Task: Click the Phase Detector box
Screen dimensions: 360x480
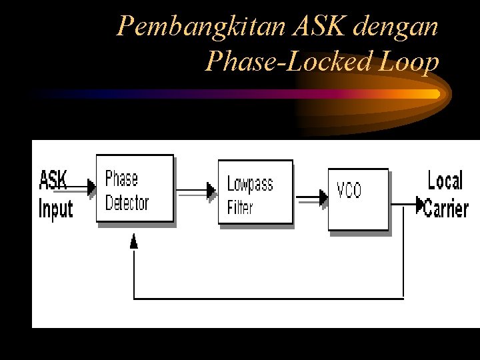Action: click(x=135, y=189)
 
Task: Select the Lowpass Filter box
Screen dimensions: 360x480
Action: click(x=255, y=191)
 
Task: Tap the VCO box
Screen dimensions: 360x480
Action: click(x=358, y=199)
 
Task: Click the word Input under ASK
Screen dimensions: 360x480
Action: click(x=55, y=209)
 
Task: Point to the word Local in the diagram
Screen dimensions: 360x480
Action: click(x=445, y=181)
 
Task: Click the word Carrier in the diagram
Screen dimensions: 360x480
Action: click(x=446, y=209)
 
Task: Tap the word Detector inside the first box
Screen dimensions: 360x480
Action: click(x=127, y=203)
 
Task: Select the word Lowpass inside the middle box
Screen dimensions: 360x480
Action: click(x=250, y=184)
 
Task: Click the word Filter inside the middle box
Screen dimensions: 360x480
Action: click(x=240, y=207)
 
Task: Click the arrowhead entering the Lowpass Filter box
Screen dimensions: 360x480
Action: click(x=212, y=191)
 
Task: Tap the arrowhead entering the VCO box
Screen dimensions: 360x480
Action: click(x=323, y=197)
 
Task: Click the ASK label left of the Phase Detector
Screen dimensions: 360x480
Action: click(x=53, y=181)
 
